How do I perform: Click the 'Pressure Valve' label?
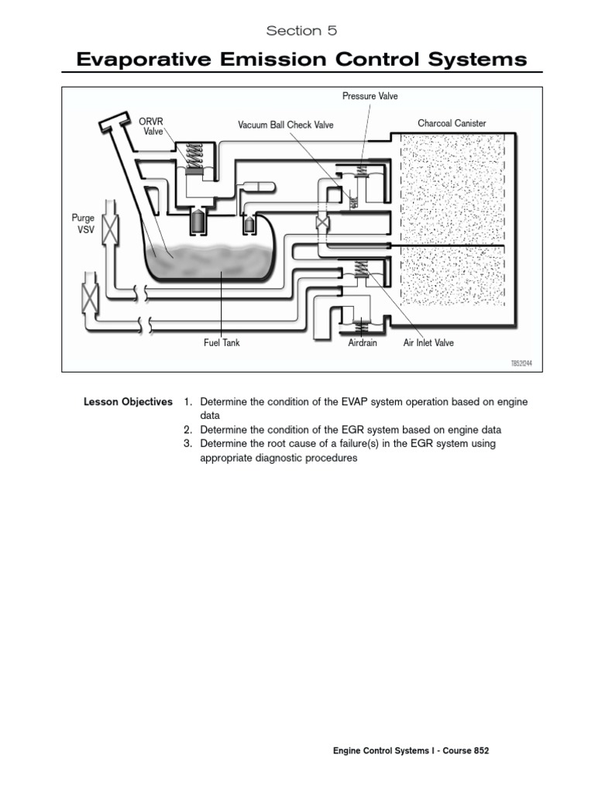click(x=370, y=96)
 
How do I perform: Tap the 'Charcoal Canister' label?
click(x=452, y=123)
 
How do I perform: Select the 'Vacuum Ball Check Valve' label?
click(x=284, y=124)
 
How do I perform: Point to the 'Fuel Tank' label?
click(x=222, y=342)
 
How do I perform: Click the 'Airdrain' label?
click(x=363, y=342)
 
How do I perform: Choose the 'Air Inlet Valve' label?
click(x=428, y=342)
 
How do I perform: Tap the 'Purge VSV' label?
click(x=82, y=224)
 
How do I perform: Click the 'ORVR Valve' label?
click(x=151, y=126)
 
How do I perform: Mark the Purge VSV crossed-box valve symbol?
click(x=111, y=230)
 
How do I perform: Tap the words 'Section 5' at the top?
click(x=301, y=31)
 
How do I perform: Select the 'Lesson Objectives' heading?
click(x=128, y=402)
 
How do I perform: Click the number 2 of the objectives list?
click(x=187, y=430)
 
